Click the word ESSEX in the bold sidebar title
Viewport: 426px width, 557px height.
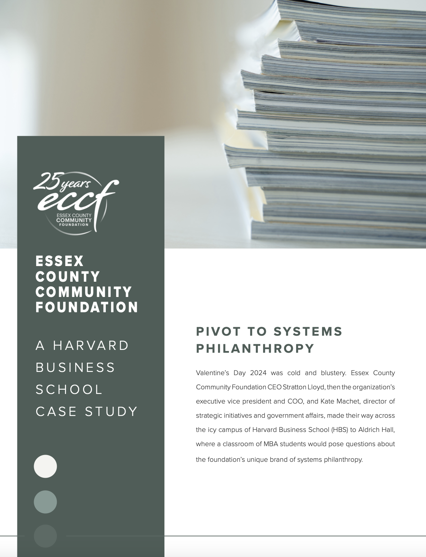(x=60, y=261)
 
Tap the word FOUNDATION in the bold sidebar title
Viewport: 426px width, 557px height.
(x=87, y=307)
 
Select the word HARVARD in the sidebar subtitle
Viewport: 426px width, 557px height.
(x=91, y=346)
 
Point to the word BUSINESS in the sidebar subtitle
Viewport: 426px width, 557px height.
(x=76, y=368)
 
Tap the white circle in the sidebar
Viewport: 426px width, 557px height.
(x=45, y=466)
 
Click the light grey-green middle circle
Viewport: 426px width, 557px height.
(x=45, y=502)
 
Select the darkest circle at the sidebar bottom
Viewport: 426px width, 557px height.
(x=45, y=536)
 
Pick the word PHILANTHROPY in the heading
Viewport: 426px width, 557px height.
(x=255, y=348)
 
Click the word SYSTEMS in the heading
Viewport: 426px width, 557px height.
(x=308, y=331)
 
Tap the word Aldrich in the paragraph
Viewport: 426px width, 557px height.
(x=370, y=430)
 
